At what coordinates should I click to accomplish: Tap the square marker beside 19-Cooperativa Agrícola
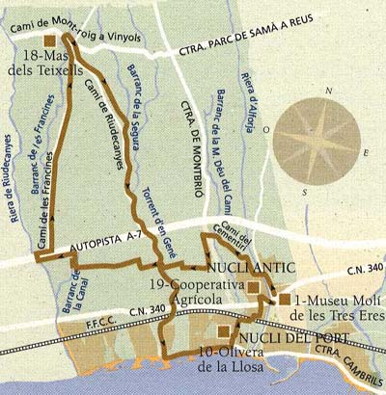(253, 287)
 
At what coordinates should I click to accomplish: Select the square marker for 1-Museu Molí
(286, 300)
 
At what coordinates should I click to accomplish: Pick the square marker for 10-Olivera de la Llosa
(224, 332)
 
